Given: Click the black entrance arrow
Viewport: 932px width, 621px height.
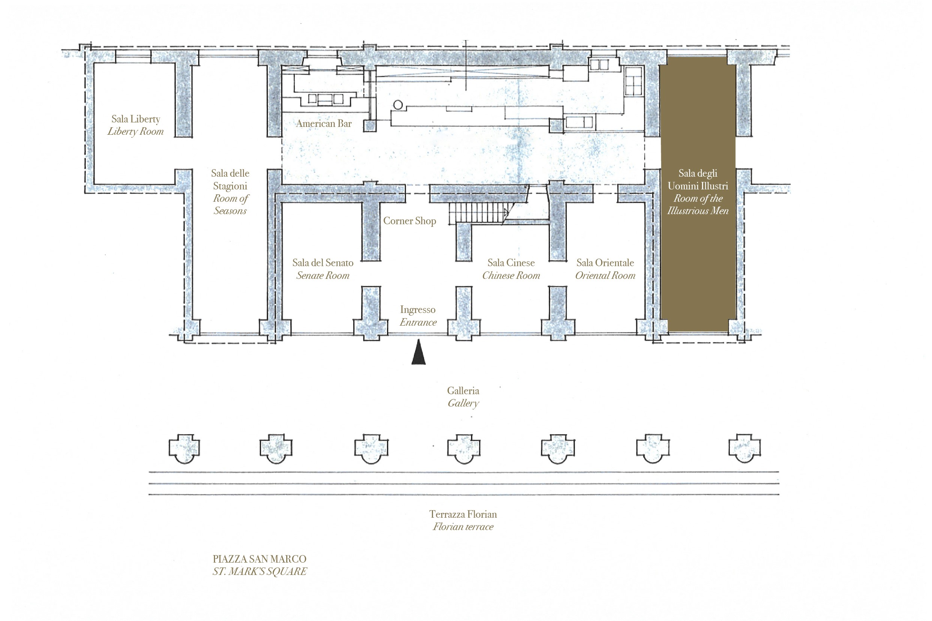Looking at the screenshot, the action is (418, 352).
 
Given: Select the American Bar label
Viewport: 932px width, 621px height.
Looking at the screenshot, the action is (324, 124).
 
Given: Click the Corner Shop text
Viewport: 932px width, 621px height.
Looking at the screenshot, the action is (410, 221).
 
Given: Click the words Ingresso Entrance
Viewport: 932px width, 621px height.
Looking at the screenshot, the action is (418, 316).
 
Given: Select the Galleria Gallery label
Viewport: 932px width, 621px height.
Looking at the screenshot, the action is (463, 397).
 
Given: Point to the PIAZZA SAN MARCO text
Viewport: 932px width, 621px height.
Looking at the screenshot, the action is (260, 559).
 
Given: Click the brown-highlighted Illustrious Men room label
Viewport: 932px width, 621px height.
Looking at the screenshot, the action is (698, 192).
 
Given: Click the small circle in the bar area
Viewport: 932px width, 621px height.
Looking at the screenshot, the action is (398, 105).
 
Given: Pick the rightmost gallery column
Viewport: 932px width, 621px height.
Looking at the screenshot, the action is (745, 448).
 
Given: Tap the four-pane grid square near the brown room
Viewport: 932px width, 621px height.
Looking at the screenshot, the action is (633, 81).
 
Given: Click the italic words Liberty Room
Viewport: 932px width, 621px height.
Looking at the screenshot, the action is (136, 131).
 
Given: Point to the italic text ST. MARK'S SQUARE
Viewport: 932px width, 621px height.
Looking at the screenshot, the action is (260, 572).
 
